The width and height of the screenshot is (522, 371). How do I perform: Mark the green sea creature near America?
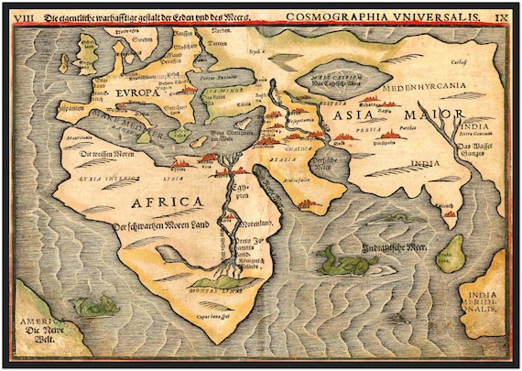pyautogui.click(x=96, y=306)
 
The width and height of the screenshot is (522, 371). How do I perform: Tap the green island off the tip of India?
pyautogui.click(x=452, y=254)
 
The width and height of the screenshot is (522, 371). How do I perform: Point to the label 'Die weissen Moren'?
pyautogui.click(x=107, y=154)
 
